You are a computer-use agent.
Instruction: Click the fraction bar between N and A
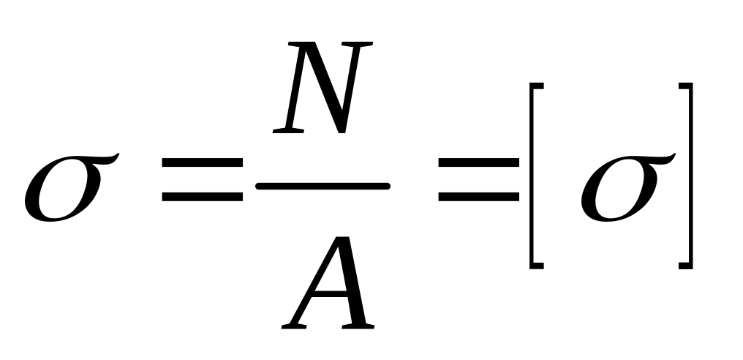[x=322, y=187]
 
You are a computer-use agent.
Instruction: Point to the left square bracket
[x=534, y=176]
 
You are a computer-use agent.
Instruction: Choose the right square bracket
[x=686, y=176]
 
